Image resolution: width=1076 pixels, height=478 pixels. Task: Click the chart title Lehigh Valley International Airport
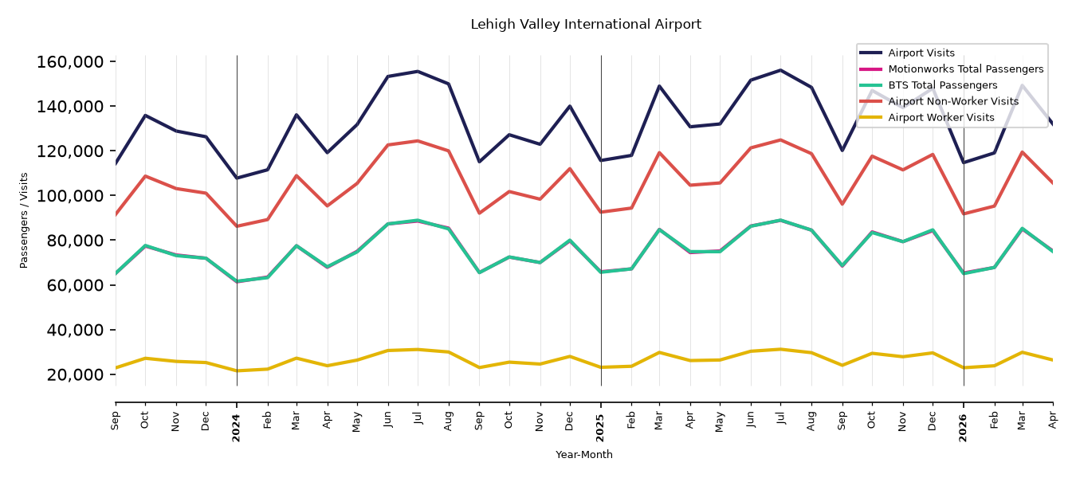point(586,25)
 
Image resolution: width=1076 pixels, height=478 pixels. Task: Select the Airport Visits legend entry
point(921,53)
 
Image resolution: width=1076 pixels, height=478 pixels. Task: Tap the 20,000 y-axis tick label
point(75,374)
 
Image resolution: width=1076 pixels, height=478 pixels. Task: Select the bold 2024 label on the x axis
point(236,428)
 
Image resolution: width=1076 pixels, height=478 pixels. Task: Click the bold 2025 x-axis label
point(600,428)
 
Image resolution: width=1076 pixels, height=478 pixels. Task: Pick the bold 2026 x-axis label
point(963,428)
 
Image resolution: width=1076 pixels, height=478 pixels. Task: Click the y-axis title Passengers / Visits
point(24,221)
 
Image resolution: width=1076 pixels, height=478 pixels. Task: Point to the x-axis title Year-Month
point(584,454)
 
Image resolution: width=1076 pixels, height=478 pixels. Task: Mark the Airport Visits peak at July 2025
point(780,70)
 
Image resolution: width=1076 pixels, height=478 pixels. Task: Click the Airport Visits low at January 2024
point(237,178)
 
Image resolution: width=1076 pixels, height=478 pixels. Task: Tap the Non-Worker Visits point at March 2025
point(659,153)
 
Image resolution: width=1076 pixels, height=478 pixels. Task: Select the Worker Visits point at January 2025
point(601,367)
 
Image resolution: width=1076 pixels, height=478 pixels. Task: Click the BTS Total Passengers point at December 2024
point(570,240)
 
